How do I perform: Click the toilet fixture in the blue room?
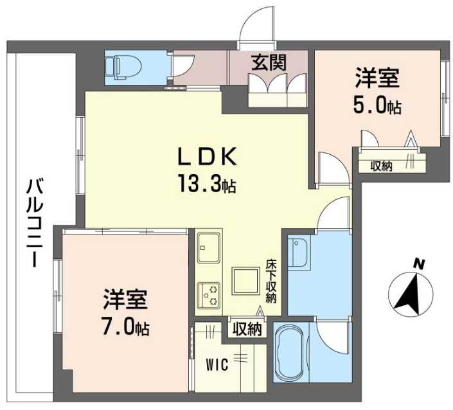point(119,67)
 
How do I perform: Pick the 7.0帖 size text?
point(126,328)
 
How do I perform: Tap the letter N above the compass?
point(419,263)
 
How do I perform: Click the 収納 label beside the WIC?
point(247,330)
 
